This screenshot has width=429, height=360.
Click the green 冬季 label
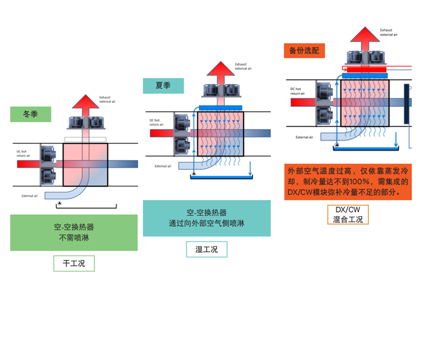point(30,114)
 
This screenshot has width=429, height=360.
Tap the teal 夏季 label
point(163,86)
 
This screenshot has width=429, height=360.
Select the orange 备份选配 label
point(304,50)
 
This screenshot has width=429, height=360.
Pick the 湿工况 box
point(206,249)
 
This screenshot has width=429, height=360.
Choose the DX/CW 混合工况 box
point(348,214)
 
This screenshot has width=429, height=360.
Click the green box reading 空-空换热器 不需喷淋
point(74,233)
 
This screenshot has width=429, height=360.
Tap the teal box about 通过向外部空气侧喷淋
point(206,218)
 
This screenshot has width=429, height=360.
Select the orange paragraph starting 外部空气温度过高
point(348,181)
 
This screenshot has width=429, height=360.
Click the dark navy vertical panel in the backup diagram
point(407,103)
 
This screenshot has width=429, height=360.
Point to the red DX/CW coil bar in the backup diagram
point(365,69)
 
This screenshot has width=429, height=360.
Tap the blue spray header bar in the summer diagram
point(220,107)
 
